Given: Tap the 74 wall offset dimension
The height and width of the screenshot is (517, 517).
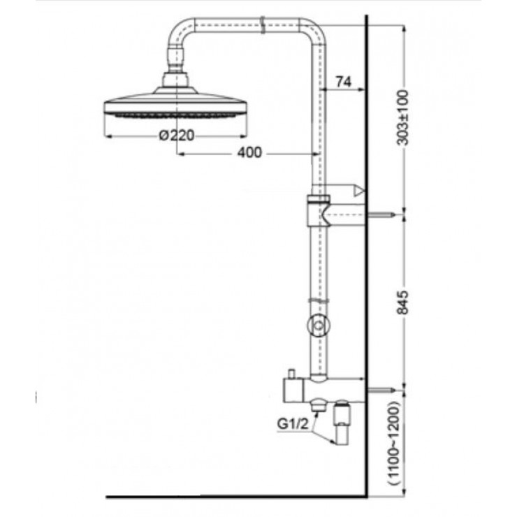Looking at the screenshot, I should [342, 82].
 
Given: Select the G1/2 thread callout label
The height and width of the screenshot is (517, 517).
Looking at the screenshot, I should [291, 423].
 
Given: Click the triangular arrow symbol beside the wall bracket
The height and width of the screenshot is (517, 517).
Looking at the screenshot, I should [359, 190].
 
